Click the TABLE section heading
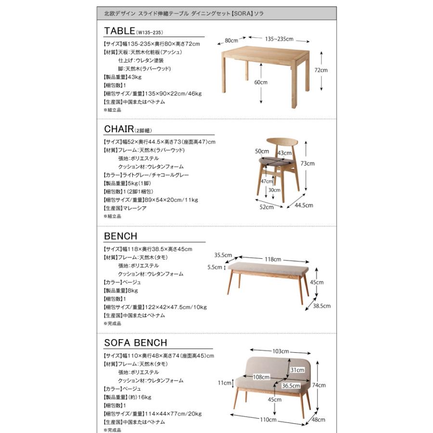point(119,32)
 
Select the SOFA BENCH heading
point(136,343)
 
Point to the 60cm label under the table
point(260,82)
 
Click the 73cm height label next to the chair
point(307,164)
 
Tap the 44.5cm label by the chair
point(304,205)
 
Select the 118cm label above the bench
point(273,259)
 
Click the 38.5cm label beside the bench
point(320,305)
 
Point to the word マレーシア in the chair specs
point(137,208)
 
